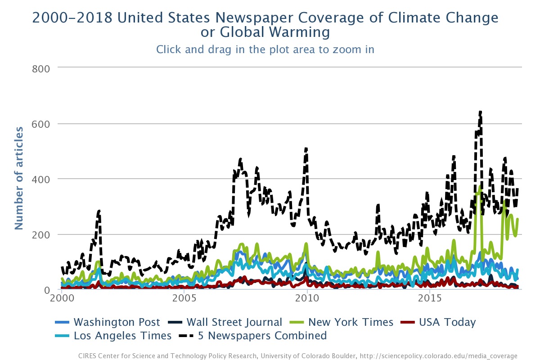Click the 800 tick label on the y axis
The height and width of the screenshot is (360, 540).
(x=40, y=68)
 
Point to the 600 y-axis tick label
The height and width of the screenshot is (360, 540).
(x=40, y=124)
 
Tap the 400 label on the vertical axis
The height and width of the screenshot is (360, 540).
(x=40, y=179)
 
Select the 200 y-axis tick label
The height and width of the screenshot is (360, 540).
(x=40, y=234)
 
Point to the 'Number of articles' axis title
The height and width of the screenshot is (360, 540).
(x=19, y=178)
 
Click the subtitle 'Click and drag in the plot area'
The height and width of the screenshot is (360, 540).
(x=265, y=49)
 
